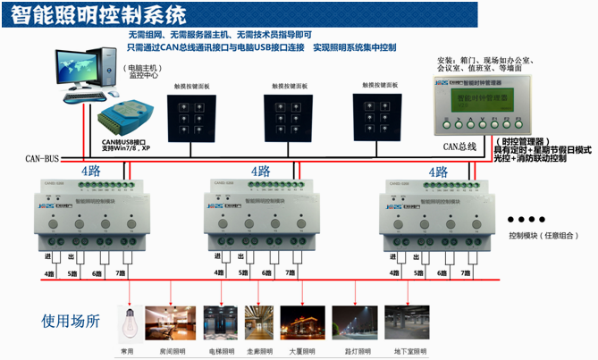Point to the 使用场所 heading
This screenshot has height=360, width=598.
pyautogui.click(x=72, y=319)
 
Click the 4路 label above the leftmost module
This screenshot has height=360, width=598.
pyautogui.click(x=91, y=171)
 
